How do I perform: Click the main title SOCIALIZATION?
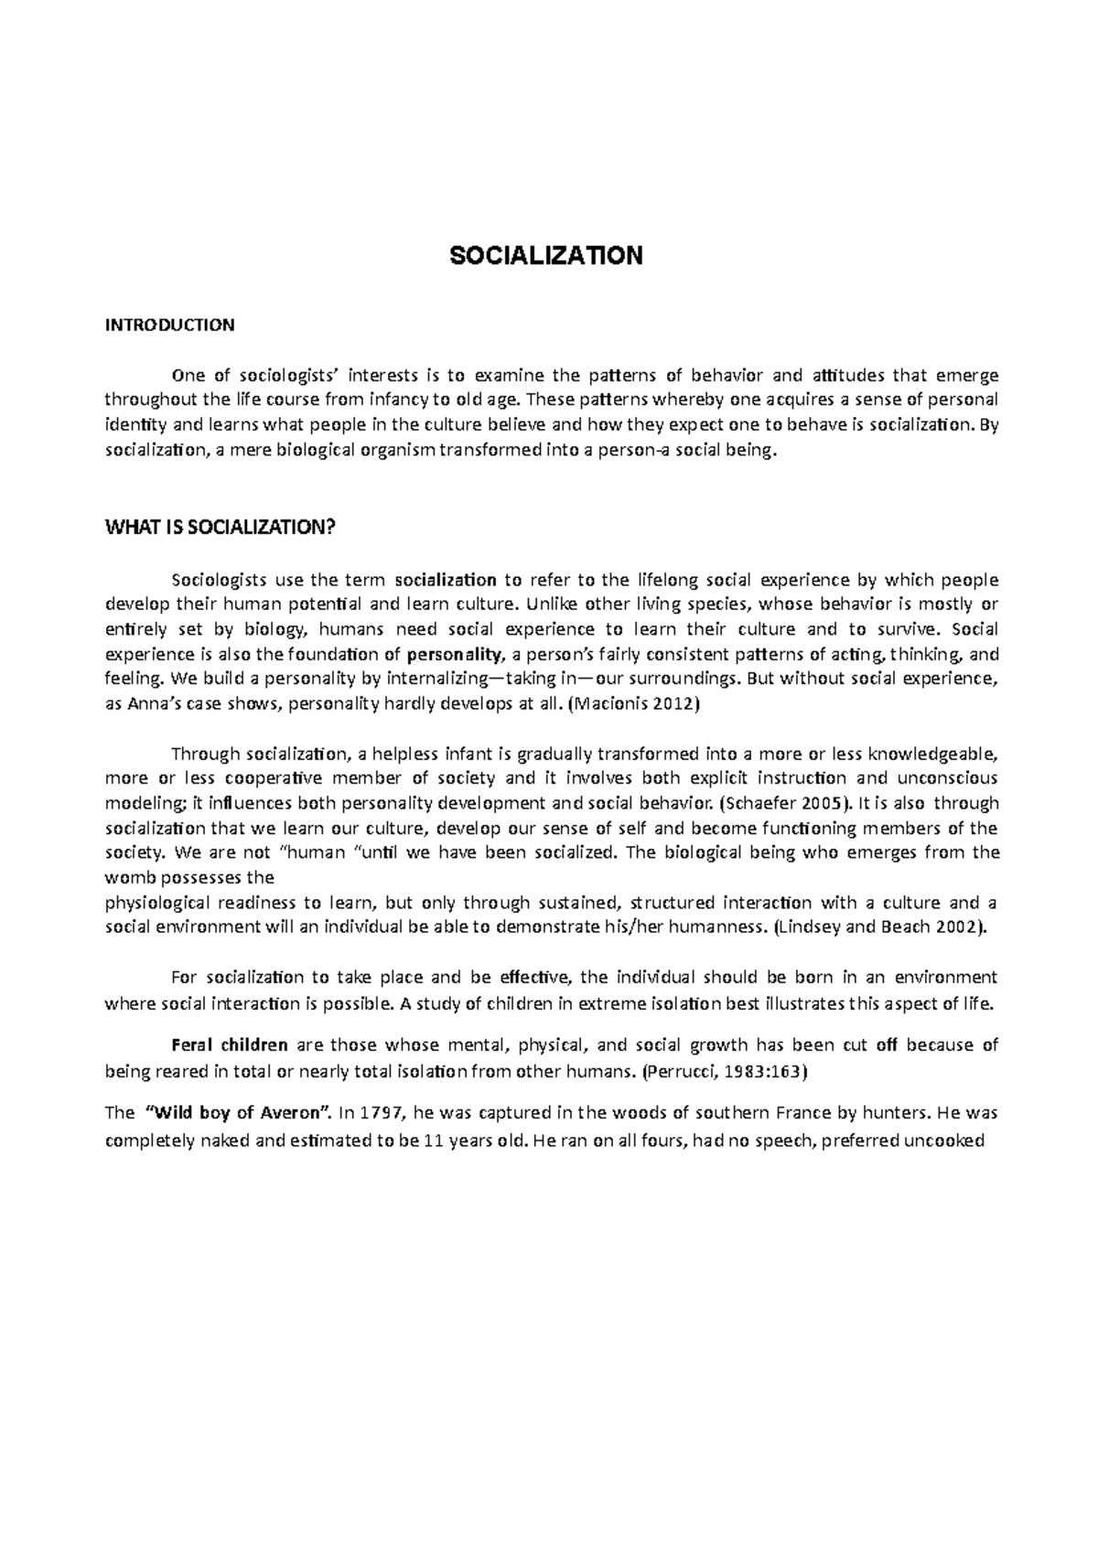pyautogui.click(x=546, y=255)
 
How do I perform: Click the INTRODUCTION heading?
pyautogui.click(x=170, y=325)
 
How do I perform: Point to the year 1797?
pyautogui.click(x=382, y=1114)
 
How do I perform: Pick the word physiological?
pyautogui.click(x=161, y=903)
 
